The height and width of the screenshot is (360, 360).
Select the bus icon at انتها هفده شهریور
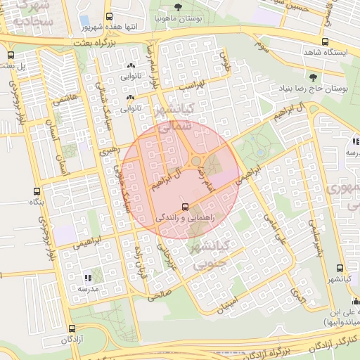[x=108, y=15]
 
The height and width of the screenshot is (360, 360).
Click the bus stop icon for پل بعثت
[x=10, y=55]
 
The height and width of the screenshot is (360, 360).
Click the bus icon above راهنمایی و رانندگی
[x=185, y=207]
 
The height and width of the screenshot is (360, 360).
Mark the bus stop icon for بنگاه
[x=37, y=191]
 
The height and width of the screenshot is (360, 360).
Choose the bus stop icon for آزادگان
[x=72, y=328]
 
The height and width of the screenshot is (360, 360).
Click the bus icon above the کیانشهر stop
[x=341, y=268]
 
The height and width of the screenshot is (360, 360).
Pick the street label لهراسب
[x=190, y=86]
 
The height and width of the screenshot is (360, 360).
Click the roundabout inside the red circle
[x=196, y=162]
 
